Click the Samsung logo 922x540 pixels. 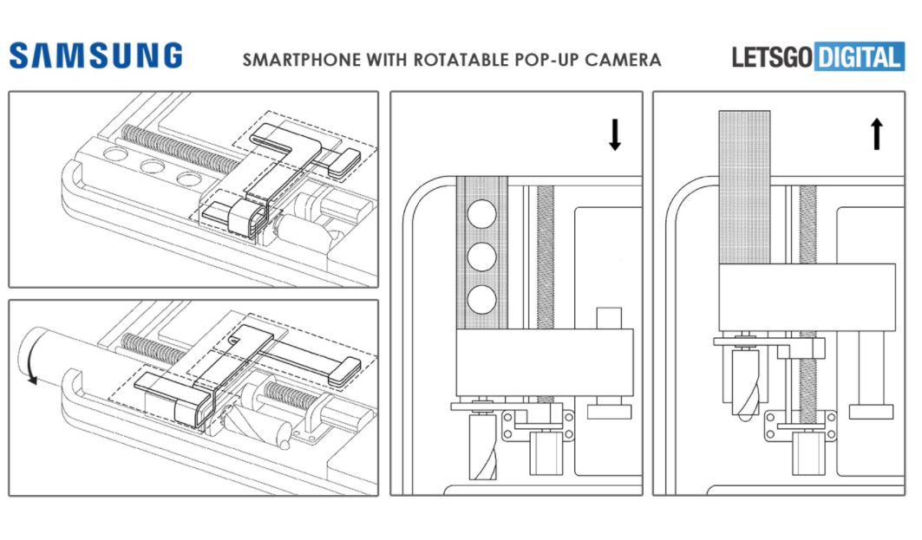(95, 56)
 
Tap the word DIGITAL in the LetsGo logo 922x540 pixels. (859, 58)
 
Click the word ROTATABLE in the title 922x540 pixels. (454, 60)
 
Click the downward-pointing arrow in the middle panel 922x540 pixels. (614, 135)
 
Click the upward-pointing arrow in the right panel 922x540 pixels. (876, 135)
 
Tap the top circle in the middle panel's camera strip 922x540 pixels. (481, 213)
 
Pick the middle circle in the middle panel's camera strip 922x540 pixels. (481, 257)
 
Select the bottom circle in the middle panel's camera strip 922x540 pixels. (481, 300)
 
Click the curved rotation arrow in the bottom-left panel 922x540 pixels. (29, 366)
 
